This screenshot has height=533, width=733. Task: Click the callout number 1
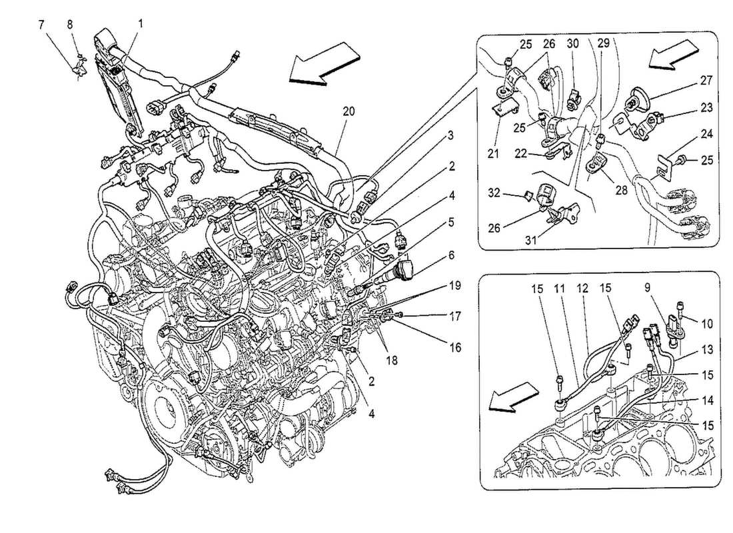(x=141, y=23)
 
